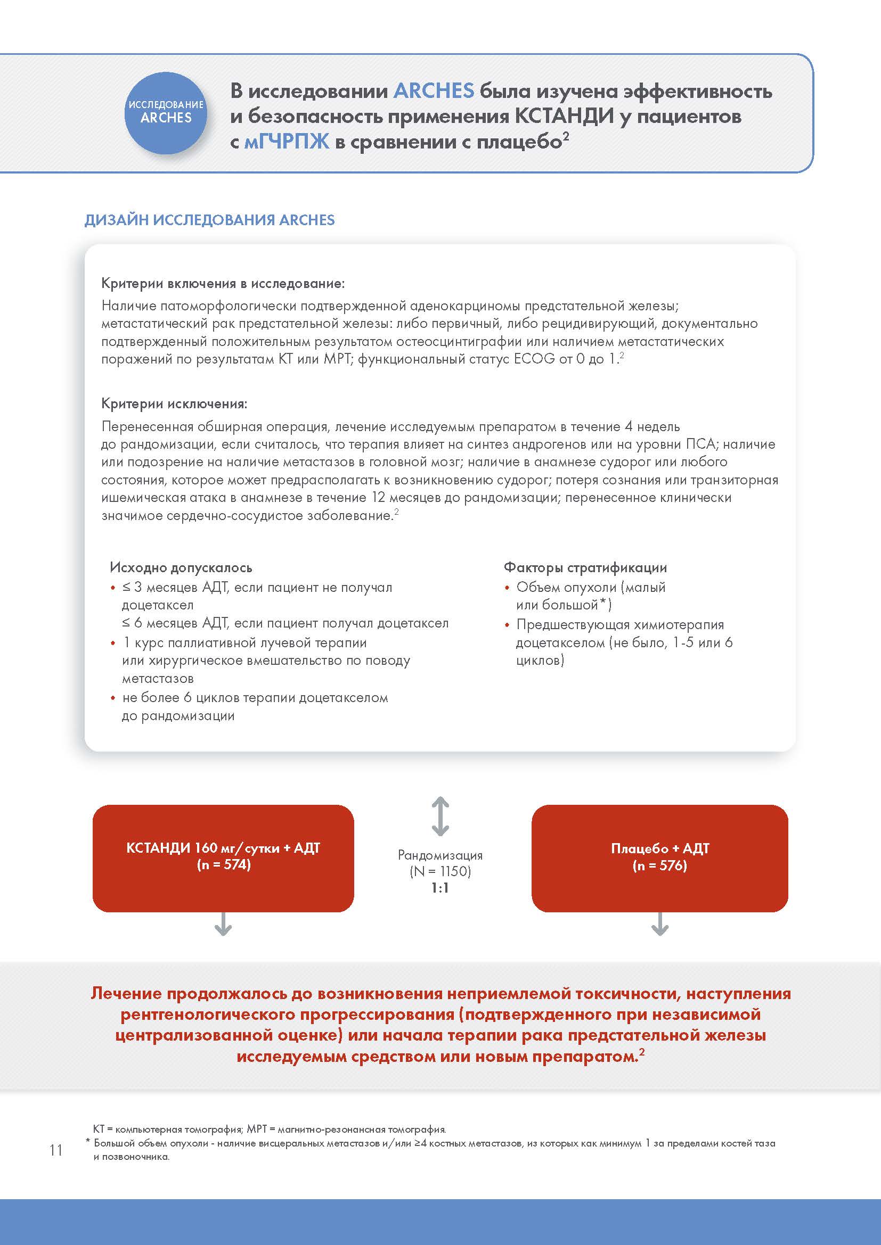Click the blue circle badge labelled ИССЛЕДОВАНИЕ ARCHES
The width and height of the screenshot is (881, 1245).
(166, 112)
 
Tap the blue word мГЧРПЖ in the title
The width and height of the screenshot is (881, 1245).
(287, 142)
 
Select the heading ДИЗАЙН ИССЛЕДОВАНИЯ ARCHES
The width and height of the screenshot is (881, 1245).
(209, 220)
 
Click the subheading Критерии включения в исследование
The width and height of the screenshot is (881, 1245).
(223, 283)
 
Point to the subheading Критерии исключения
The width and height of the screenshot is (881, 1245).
(174, 403)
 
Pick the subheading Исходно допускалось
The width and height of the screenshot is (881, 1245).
(181, 568)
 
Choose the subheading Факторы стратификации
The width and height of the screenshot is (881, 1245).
(585, 568)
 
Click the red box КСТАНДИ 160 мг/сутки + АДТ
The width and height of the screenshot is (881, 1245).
(223, 857)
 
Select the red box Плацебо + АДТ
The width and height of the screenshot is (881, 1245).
(659, 857)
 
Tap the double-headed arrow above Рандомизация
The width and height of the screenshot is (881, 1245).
(440, 815)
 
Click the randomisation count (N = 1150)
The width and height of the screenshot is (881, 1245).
(440, 871)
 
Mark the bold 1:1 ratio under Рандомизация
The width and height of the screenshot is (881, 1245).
(440, 888)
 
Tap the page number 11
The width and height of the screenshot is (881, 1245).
(56, 1150)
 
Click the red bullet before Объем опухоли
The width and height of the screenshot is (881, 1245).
(507, 588)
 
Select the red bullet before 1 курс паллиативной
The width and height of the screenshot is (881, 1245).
(113, 644)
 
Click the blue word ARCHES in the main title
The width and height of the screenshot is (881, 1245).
(434, 90)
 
